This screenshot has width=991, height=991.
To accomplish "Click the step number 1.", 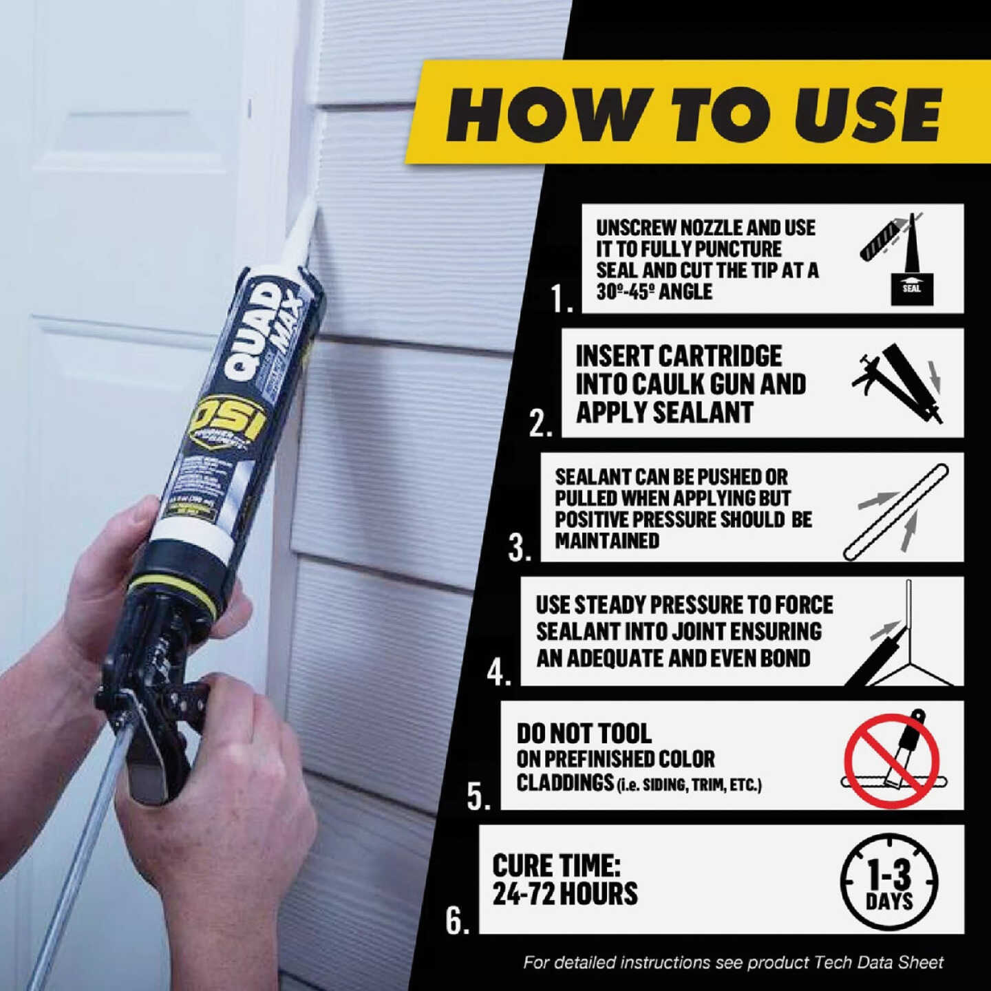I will pyautogui.click(x=560, y=298).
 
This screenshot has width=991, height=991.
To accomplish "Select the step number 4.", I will pyautogui.click(x=498, y=672).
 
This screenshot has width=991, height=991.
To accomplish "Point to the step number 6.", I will pyautogui.click(x=457, y=919).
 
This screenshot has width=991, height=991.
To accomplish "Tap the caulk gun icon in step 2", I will pyautogui.click(x=898, y=383).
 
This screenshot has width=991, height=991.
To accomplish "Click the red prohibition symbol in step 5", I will pyautogui.click(x=893, y=760).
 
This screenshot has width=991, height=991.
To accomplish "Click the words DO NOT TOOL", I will pyautogui.click(x=584, y=734).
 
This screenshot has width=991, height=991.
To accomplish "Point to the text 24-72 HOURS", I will pyautogui.click(x=565, y=894).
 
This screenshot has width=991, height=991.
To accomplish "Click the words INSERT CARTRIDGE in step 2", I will pyautogui.click(x=679, y=356).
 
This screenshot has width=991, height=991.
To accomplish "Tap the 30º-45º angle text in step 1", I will pyautogui.click(x=654, y=292).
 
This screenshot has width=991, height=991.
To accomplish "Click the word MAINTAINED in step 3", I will pyautogui.click(x=607, y=541).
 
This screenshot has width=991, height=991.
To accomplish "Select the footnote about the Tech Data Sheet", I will pyautogui.click(x=734, y=962).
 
